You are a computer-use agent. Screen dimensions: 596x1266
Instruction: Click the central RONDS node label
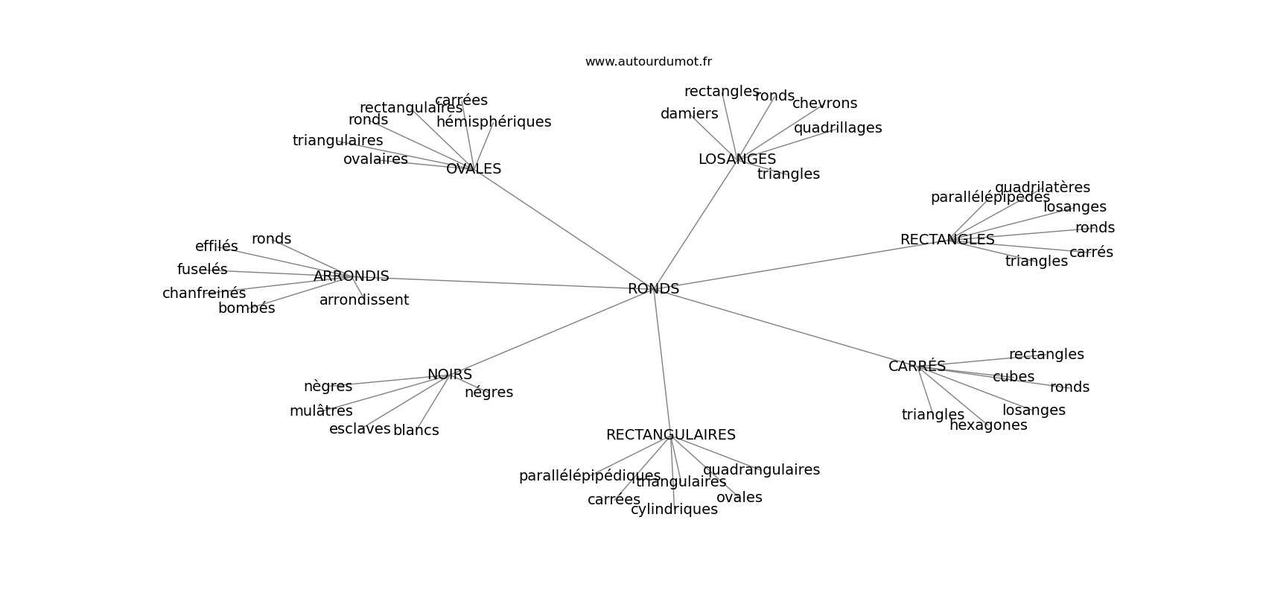pyautogui.click(x=653, y=289)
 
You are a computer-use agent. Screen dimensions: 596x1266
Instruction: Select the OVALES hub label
pyautogui.click(x=474, y=169)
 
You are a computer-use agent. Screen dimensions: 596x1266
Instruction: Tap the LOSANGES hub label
pyautogui.click(x=737, y=159)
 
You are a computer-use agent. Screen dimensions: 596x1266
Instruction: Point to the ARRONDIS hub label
pyautogui.click(x=351, y=276)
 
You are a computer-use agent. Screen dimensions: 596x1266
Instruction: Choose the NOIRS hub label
pyautogui.click(x=450, y=375)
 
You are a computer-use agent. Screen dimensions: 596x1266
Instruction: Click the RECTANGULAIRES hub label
pyautogui.click(x=670, y=435)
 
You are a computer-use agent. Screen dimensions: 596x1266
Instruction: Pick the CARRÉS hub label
pyautogui.click(x=917, y=367)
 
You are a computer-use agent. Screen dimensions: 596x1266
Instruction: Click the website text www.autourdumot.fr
pyautogui.click(x=648, y=62)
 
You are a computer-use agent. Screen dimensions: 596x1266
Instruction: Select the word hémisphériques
pyautogui.click(x=494, y=122)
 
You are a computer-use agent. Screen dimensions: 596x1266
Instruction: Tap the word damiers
pyautogui.click(x=689, y=114)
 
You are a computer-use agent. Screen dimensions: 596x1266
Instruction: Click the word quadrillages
pyautogui.click(x=837, y=128)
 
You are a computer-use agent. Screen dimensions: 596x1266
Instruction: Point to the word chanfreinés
pyautogui.click(x=204, y=294)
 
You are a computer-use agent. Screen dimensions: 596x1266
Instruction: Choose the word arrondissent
pyautogui.click(x=364, y=300)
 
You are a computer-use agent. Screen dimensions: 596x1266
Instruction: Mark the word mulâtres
pyautogui.click(x=321, y=411)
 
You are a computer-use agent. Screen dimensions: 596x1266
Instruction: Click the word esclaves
pyautogui.click(x=360, y=429)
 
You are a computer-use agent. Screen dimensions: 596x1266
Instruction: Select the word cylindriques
pyautogui.click(x=674, y=510)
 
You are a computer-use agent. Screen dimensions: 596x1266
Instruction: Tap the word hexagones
pyautogui.click(x=988, y=425)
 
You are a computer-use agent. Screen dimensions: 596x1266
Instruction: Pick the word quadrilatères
pyautogui.click(x=1042, y=188)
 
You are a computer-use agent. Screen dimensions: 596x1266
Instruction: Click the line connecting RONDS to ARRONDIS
pyautogui.click(x=506, y=283)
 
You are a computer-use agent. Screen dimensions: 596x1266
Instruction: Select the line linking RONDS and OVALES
pyautogui.click(x=566, y=230)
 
